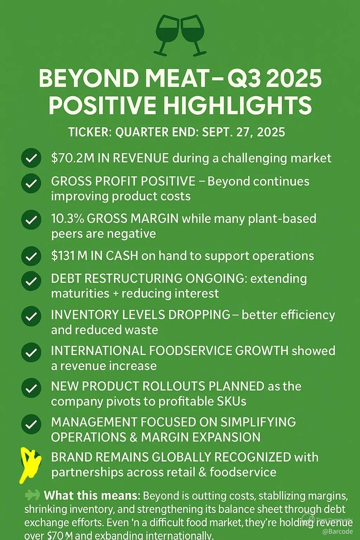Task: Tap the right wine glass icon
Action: [x=193, y=34]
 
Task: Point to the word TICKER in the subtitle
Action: [x=89, y=132]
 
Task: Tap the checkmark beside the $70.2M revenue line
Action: [x=31, y=159]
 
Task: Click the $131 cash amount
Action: [x=63, y=256]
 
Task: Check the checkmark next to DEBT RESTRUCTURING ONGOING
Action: [x=31, y=281]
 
